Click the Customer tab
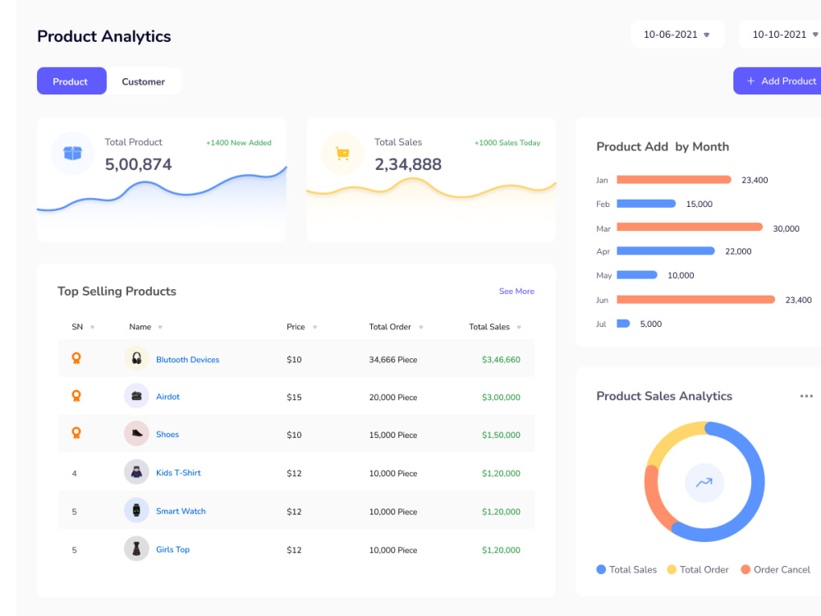144,81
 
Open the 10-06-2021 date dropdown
677,34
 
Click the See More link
516,292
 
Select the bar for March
689,228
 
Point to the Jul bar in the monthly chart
623,324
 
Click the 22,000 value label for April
738,251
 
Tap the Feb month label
603,205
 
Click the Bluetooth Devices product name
187,360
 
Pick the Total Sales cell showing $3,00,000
501,398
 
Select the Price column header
296,327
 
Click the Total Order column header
390,327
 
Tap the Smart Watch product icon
136,510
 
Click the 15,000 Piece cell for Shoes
393,435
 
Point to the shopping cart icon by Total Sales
342,154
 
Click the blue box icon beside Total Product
73,153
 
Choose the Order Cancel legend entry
776,569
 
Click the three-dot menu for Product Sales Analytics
806,396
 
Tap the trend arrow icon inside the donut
704,482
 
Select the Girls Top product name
172,549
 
